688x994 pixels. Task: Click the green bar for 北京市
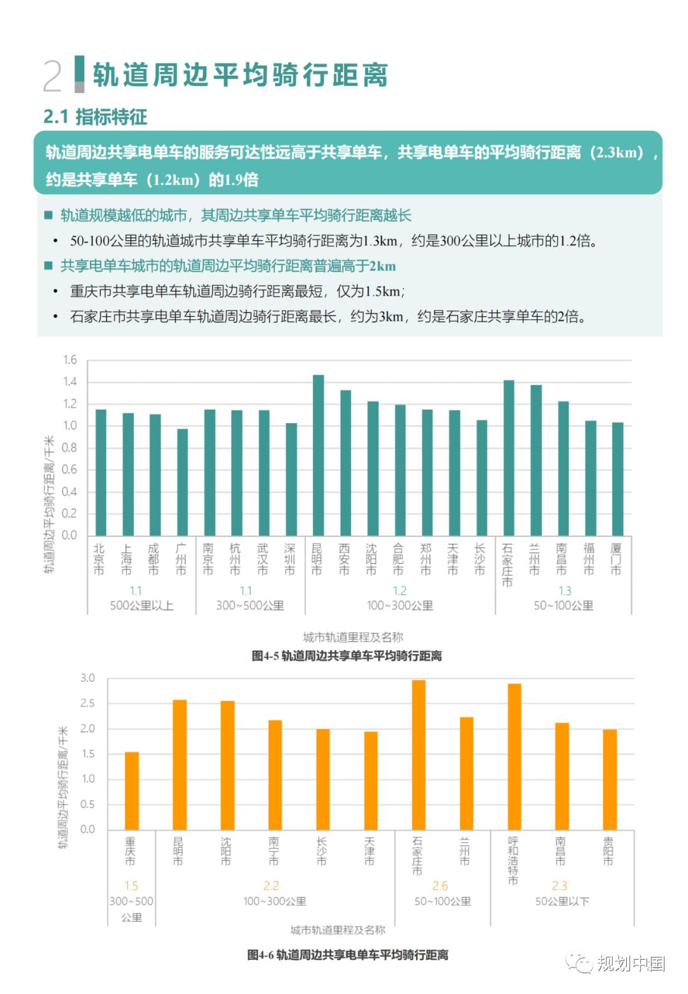tap(101, 472)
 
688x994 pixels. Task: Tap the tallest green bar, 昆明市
tap(318, 455)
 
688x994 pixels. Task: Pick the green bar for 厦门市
tap(617, 479)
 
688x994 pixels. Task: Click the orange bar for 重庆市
tap(132, 791)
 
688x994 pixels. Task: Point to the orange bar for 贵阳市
tap(610, 779)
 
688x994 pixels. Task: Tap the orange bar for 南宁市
tap(275, 775)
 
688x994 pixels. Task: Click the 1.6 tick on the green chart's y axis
tap(69, 360)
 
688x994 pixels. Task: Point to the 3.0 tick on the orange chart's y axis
tap(87, 678)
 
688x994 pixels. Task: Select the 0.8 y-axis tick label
tap(69, 448)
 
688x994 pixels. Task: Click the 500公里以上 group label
tap(141, 605)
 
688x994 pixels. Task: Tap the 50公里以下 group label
tap(562, 901)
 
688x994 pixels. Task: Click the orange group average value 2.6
tap(440, 886)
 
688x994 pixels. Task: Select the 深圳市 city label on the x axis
tap(290, 559)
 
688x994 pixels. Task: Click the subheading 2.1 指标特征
tap(95, 117)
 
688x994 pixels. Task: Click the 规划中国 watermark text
tap(630, 963)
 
